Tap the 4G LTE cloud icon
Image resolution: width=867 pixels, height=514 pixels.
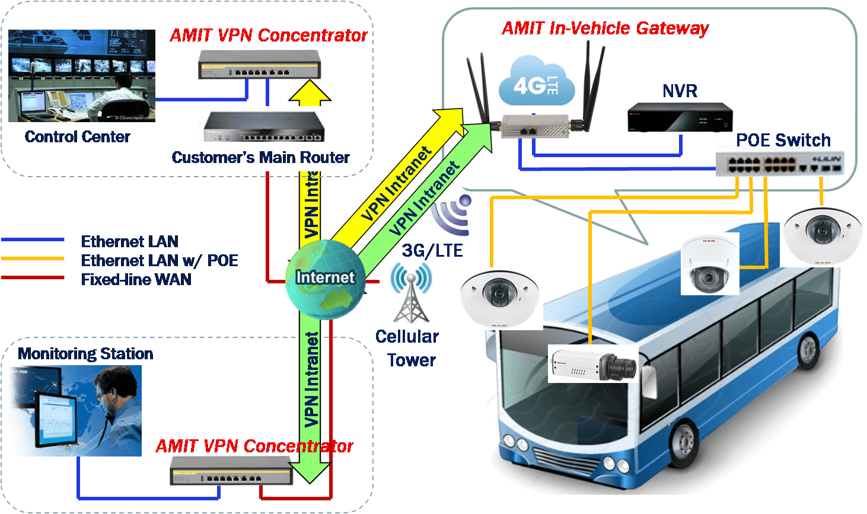pyautogui.click(x=536, y=82)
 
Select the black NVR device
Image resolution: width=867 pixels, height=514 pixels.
pyautogui.click(x=680, y=117)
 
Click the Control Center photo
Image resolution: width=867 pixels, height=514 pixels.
pyautogui.click(x=82, y=75)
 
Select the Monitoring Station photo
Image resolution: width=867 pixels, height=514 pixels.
pyautogui.click(x=75, y=410)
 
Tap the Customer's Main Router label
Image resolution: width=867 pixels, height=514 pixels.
pyautogui.click(x=261, y=158)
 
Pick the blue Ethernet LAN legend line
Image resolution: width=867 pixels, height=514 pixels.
pyautogui.click(x=33, y=240)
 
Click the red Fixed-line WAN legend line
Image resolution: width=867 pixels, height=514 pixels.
pyautogui.click(x=33, y=277)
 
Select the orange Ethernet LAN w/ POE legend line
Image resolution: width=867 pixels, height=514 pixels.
pyautogui.click(x=33, y=259)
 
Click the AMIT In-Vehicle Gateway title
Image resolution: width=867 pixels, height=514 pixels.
pyautogui.click(x=605, y=28)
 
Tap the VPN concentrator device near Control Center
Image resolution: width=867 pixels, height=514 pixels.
pyautogui.click(x=259, y=65)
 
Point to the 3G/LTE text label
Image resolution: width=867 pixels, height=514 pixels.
pyautogui.click(x=432, y=251)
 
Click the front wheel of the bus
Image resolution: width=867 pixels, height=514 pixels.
pyautogui.click(x=684, y=445)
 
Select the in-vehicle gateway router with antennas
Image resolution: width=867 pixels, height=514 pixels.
pyautogui.click(x=535, y=126)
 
